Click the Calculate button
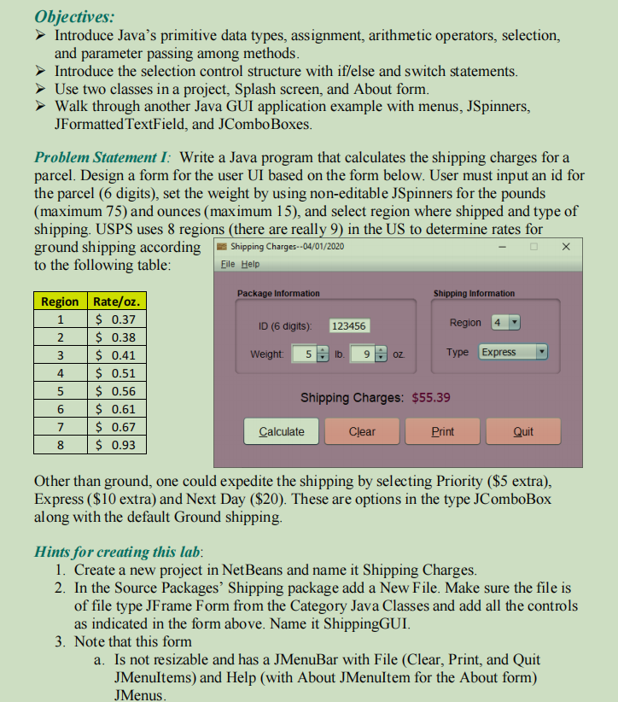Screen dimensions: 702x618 [281, 431]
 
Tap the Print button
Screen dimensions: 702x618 [442, 431]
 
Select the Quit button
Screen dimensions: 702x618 [522, 431]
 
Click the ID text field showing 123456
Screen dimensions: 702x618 [348, 326]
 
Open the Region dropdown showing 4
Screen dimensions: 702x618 [506, 323]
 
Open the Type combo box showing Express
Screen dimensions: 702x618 [512, 352]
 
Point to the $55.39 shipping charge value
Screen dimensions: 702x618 [431, 397]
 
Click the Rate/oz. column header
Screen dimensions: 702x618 [117, 301]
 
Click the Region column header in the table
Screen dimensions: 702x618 [60, 301]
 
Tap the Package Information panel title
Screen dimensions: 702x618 [278, 293]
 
